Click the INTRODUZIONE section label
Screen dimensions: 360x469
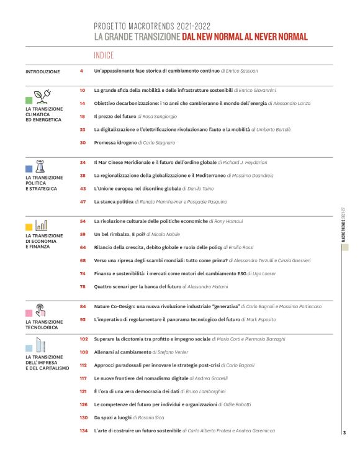[x=43, y=72]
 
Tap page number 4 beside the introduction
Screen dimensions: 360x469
[x=82, y=72]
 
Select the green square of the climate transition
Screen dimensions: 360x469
[x=29, y=99]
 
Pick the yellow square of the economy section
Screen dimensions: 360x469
[x=29, y=227]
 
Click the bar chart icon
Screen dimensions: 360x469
[x=42, y=224]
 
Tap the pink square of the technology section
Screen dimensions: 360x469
[x=29, y=312]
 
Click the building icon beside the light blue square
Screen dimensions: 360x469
[x=41, y=345]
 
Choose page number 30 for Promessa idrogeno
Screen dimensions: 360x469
[x=83, y=142]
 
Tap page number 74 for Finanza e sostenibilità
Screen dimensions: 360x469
[x=83, y=273]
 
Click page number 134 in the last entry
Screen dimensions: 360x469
[x=84, y=430]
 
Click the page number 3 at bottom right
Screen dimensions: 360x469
[x=344, y=432]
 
